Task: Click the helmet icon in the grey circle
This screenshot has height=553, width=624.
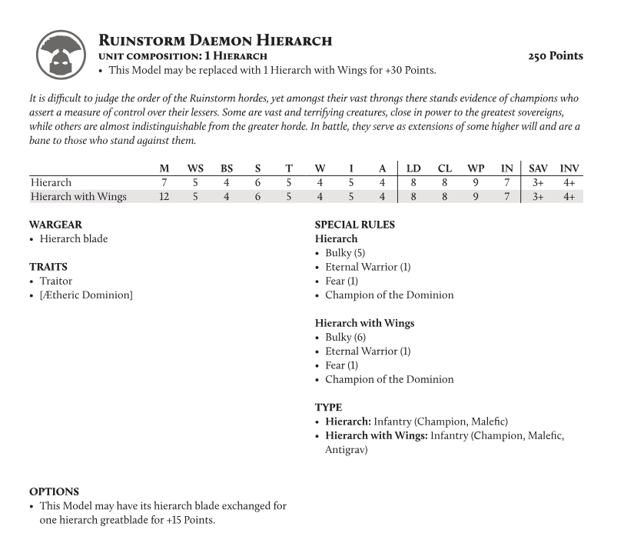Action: tap(59, 54)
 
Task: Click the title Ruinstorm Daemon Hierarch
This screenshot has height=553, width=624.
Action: tap(215, 40)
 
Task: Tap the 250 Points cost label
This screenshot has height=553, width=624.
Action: tap(555, 56)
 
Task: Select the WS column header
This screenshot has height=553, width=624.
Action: tap(195, 168)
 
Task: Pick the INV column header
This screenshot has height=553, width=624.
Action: tap(569, 168)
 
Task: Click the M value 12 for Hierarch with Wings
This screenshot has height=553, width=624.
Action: tap(164, 197)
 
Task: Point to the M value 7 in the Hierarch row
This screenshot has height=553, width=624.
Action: tap(164, 182)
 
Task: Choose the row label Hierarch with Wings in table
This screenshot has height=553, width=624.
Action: tap(78, 197)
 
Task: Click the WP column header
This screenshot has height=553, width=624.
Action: tap(476, 168)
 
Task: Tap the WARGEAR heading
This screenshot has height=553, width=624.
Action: tap(55, 225)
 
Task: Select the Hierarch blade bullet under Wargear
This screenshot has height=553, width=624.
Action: tap(74, 238)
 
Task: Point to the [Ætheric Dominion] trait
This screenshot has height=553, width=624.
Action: tap(86, 295)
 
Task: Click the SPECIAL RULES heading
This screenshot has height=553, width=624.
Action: tap(355, 225)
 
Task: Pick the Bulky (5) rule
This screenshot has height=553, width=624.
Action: tap(345, 253)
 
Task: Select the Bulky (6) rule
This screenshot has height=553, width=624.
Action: tap(345, 337)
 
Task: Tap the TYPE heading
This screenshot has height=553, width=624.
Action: tap(329, 407)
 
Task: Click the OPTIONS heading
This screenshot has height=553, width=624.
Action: tap(54, 491)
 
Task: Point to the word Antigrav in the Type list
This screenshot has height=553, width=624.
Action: tap(346, 450)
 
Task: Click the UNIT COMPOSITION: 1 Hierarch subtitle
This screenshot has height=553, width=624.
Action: tap(184, 56)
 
